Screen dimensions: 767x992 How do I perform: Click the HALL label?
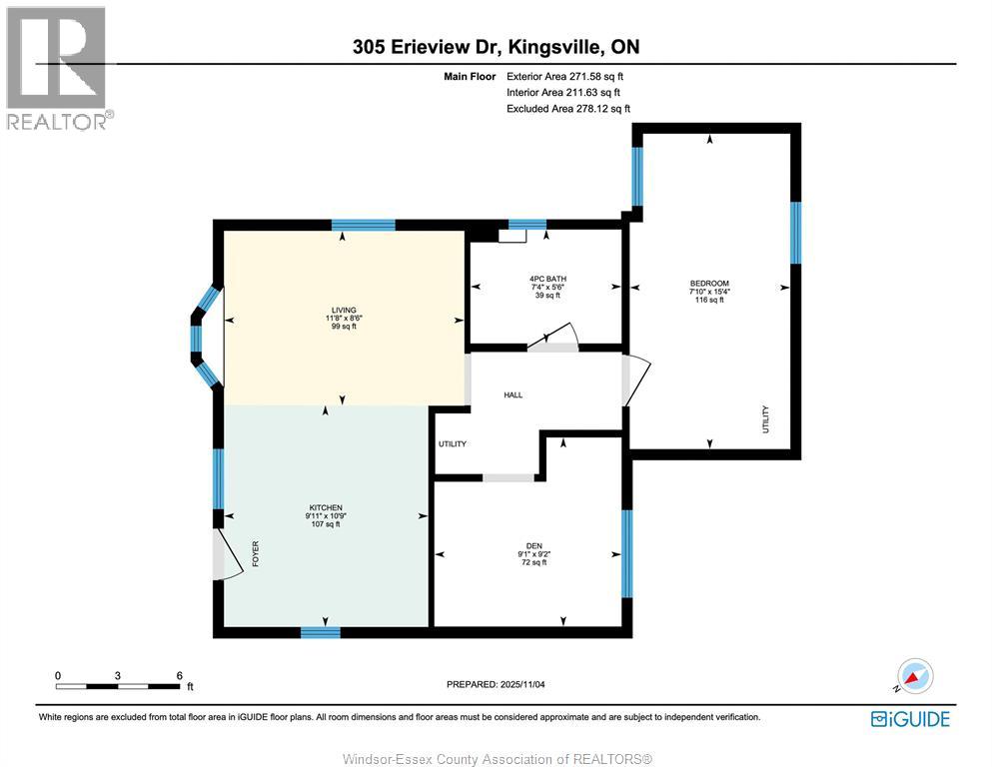513,395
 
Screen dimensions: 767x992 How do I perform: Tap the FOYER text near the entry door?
255,554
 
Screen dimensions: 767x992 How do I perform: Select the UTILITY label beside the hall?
453,444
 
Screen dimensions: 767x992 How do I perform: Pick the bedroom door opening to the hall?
635,381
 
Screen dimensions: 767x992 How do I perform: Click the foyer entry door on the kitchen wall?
227,554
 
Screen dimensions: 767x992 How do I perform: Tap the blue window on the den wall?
626,553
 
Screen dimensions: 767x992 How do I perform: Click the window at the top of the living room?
363,225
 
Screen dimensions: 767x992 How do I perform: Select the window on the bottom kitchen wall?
321,632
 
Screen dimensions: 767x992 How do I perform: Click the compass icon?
914,677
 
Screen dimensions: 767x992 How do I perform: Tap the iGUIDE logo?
910,718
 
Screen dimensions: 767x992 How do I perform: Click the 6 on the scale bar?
179,675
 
